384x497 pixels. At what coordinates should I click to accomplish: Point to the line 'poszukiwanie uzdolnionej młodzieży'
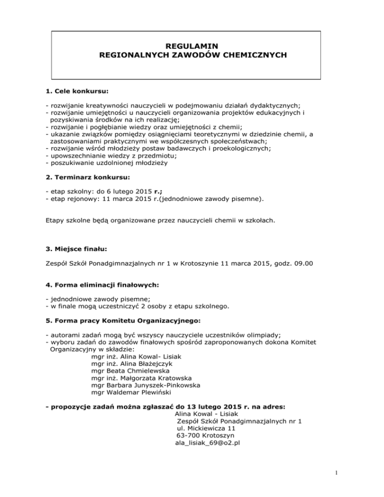point(108,162)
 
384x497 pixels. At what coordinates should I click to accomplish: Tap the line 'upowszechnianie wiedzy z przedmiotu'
point(106,155)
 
